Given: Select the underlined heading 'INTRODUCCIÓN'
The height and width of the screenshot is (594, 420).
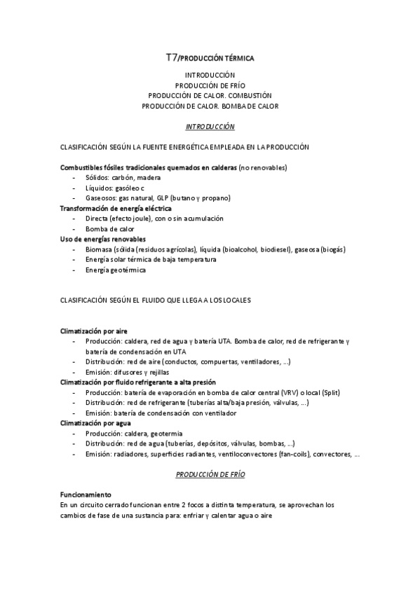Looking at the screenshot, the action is [x=210, y=127].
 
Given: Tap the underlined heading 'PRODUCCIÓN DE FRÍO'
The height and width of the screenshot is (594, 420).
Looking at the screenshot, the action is [x=210, y=474].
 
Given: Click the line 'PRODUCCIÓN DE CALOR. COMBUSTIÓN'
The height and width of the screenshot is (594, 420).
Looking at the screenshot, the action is [x=210, y=95].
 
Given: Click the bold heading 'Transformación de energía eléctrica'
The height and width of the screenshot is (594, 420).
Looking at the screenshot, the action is [x=116, y=208].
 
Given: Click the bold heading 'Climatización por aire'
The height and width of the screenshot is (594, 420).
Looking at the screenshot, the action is [x=94, y=331].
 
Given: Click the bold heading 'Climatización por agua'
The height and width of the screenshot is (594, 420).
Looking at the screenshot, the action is [x=95, y=423].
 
